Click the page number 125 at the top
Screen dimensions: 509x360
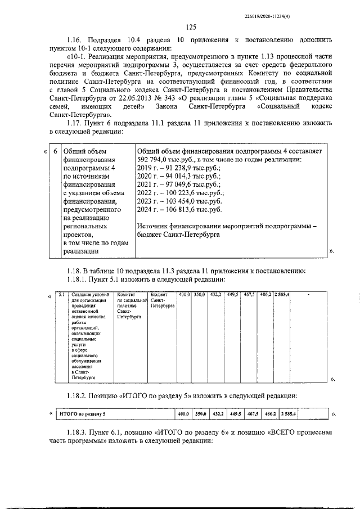190,27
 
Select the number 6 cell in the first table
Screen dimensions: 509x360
54,151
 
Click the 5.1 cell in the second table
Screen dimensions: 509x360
62,294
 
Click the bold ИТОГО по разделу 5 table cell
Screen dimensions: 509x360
83,414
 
